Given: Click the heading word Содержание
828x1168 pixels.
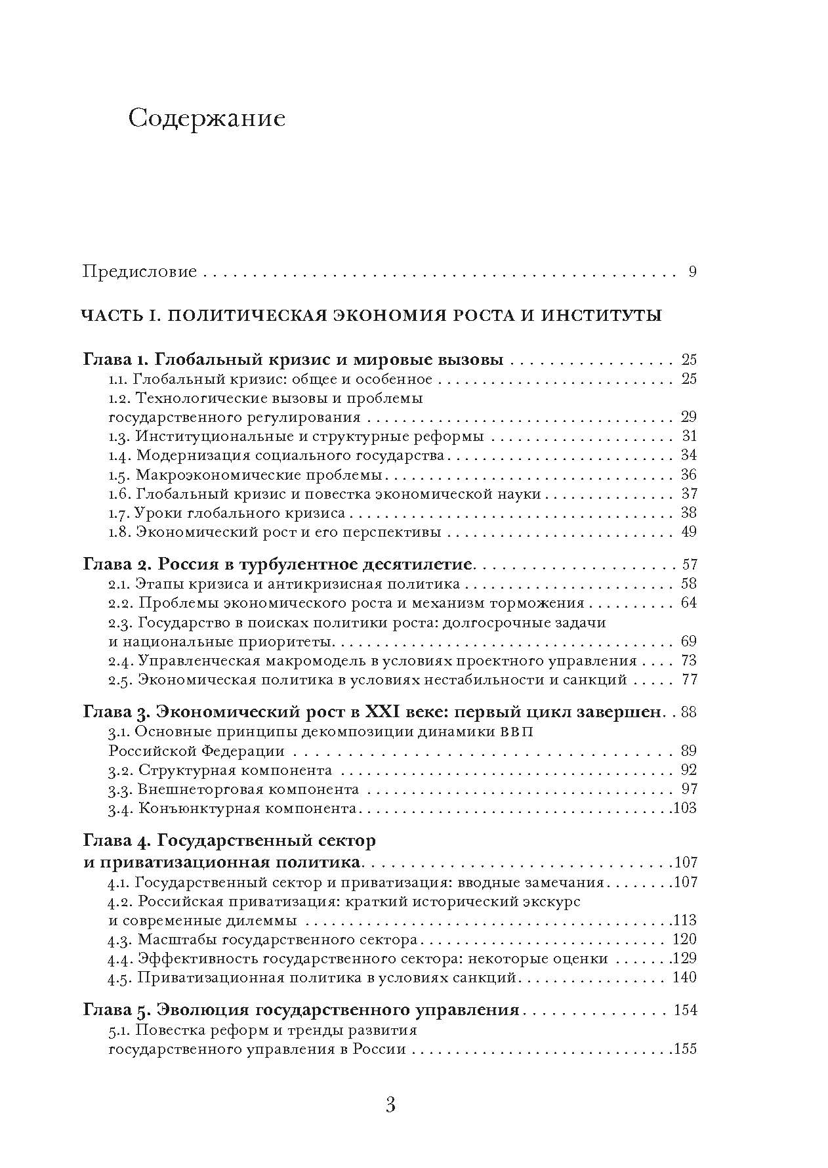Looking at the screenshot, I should (x=207, y=119).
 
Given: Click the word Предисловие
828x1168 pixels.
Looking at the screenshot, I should (x=139, y=272).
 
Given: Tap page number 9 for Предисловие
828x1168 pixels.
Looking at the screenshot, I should (x=692, y=272).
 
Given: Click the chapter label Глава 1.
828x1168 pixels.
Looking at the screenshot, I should (x=114, y=360).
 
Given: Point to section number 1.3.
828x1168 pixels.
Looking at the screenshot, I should (x=119, y=436).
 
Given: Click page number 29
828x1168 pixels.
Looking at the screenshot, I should (x=688, y=417).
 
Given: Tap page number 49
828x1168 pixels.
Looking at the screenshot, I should (x=688, y=532).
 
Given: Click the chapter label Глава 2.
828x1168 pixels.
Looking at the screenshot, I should (x=115, y=564).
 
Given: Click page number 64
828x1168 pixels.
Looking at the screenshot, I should (x=688, y=603).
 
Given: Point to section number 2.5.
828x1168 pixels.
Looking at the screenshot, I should (x=120, y=680).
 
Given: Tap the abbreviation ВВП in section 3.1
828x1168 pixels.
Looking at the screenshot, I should (x=516, y=732).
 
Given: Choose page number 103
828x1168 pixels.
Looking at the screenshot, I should (x=684, y=808).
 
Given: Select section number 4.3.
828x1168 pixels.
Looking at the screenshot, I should (x=120, y=940).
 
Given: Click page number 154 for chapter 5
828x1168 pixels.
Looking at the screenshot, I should (x=684, y=1010).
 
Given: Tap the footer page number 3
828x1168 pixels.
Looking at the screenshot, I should (x=390, y=1106).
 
